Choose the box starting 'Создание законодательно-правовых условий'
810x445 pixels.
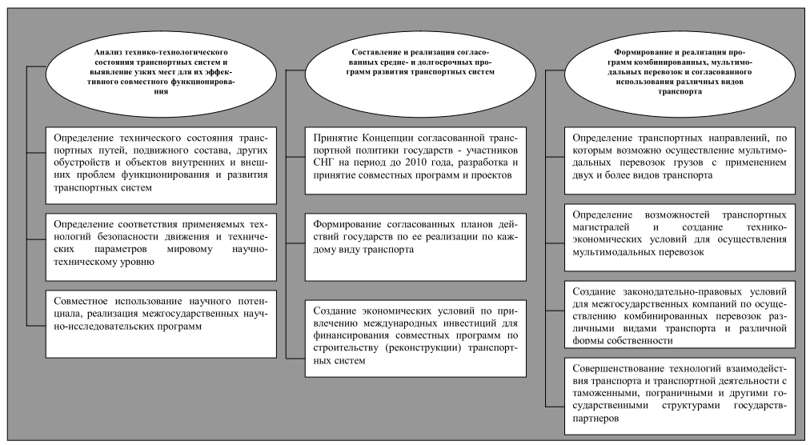click(x=676, y=312)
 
